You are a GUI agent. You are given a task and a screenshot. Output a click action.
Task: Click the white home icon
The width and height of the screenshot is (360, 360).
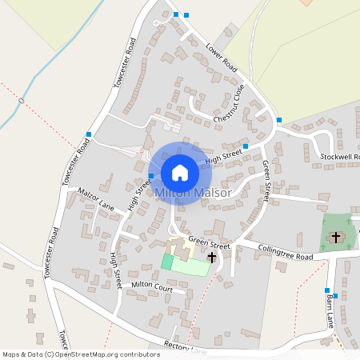[x=180, y=172]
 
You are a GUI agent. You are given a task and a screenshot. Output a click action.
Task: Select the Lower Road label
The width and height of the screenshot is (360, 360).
[x=221, y=54]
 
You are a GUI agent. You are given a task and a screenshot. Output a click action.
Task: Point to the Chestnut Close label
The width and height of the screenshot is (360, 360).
[x=230, y=104]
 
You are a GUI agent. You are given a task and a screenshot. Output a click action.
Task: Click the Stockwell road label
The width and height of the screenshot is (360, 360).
[x=339, y=156]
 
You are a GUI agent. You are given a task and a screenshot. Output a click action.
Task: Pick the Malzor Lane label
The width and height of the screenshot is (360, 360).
[x=96, y=200]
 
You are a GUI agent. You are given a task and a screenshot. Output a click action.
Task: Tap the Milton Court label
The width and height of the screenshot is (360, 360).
[x=152, y=286]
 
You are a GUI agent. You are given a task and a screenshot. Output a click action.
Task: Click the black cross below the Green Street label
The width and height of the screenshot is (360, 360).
[x=211, y=258]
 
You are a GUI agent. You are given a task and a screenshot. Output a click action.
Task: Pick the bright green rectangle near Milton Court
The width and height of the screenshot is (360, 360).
[x=167, y=262]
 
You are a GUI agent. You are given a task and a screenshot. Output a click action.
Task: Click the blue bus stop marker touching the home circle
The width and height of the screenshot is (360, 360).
[x=151, y=175]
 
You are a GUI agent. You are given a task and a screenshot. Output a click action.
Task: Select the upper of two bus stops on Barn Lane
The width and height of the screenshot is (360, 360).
[x=327, y=290]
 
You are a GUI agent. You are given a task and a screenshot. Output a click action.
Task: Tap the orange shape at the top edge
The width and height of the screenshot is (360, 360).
[x=306, y=2]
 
